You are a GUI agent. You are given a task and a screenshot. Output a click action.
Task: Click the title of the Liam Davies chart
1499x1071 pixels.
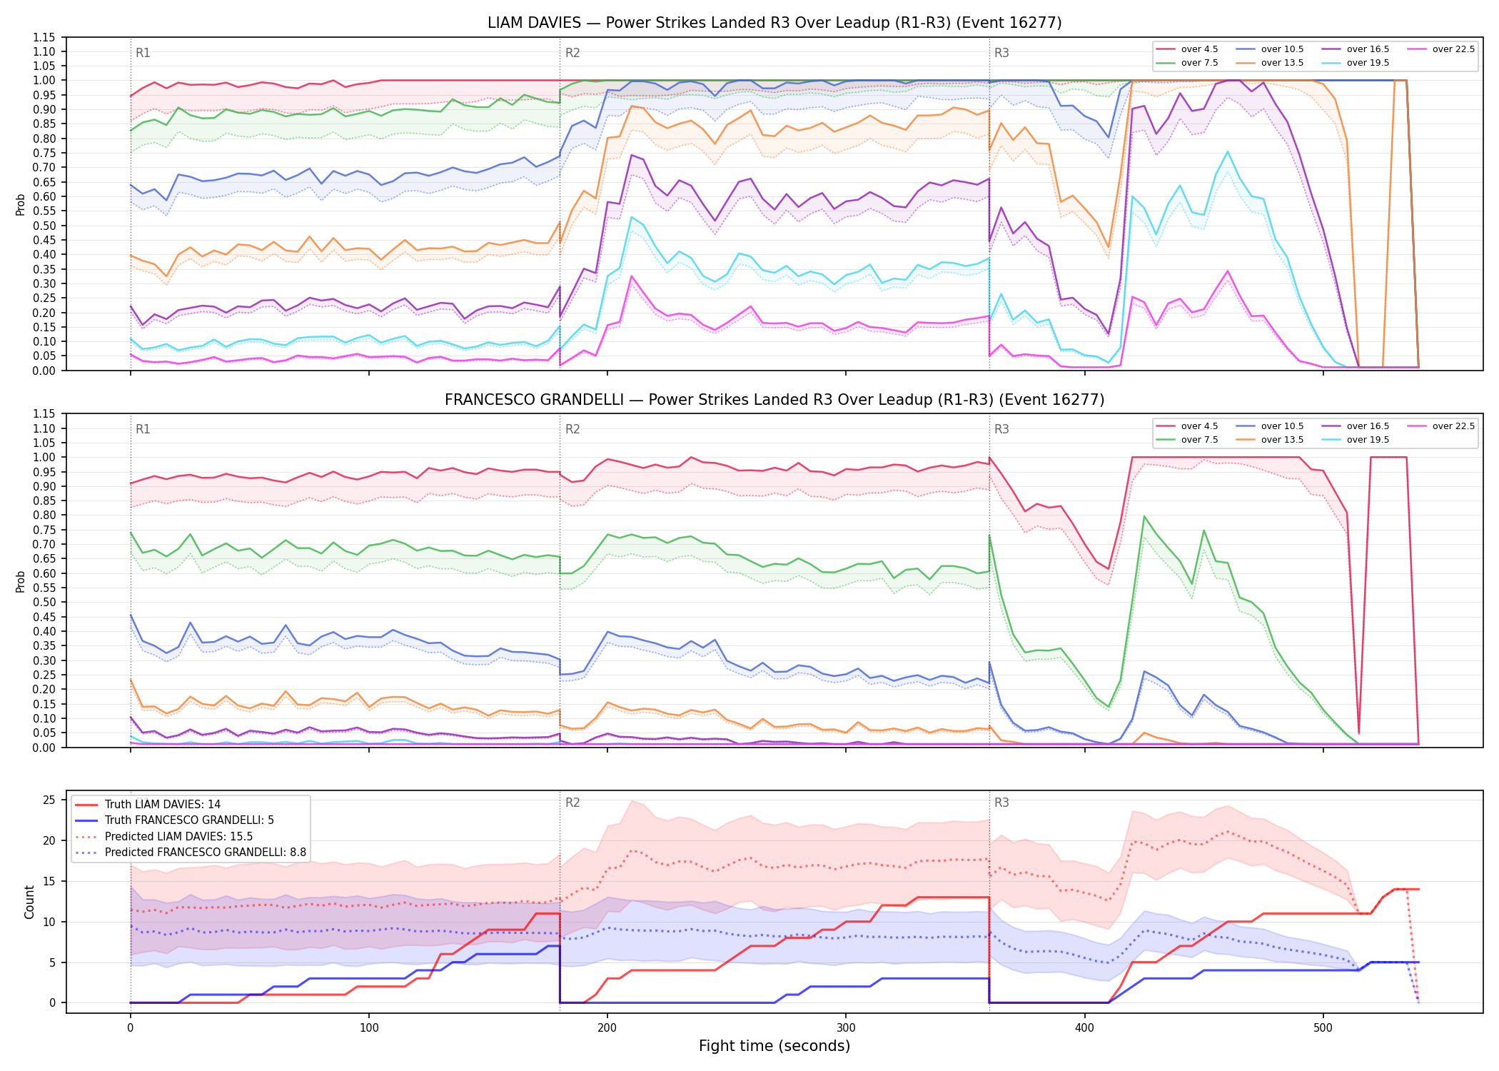pos(774,23)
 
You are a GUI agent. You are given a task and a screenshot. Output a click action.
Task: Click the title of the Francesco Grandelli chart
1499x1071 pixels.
pos(774,400)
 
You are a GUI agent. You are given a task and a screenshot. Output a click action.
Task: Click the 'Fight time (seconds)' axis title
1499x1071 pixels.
pos(774,1046)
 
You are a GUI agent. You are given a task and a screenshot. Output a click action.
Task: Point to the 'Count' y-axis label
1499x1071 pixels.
pos(30,902)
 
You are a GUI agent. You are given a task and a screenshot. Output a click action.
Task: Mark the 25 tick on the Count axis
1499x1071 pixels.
pos(49,800)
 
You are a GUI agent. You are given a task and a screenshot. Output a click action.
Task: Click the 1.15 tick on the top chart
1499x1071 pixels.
pos(44,37)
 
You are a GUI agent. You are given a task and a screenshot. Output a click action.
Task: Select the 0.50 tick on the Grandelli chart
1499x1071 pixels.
pos(44,602)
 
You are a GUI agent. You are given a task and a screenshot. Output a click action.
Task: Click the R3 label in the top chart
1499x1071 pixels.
pos(1001,53)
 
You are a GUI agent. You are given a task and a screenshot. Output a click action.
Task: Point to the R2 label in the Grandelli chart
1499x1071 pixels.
pos(572,429)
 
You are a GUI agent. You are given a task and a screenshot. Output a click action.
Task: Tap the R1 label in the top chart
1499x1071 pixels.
pos(143,53)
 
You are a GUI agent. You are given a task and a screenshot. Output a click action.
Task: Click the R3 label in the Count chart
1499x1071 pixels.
pos(1001,803)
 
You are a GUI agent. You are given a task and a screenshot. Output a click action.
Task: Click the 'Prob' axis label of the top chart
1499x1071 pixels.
pos(21,204)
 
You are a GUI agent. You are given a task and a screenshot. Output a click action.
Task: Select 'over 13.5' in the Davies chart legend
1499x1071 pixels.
pos(1282,63)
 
